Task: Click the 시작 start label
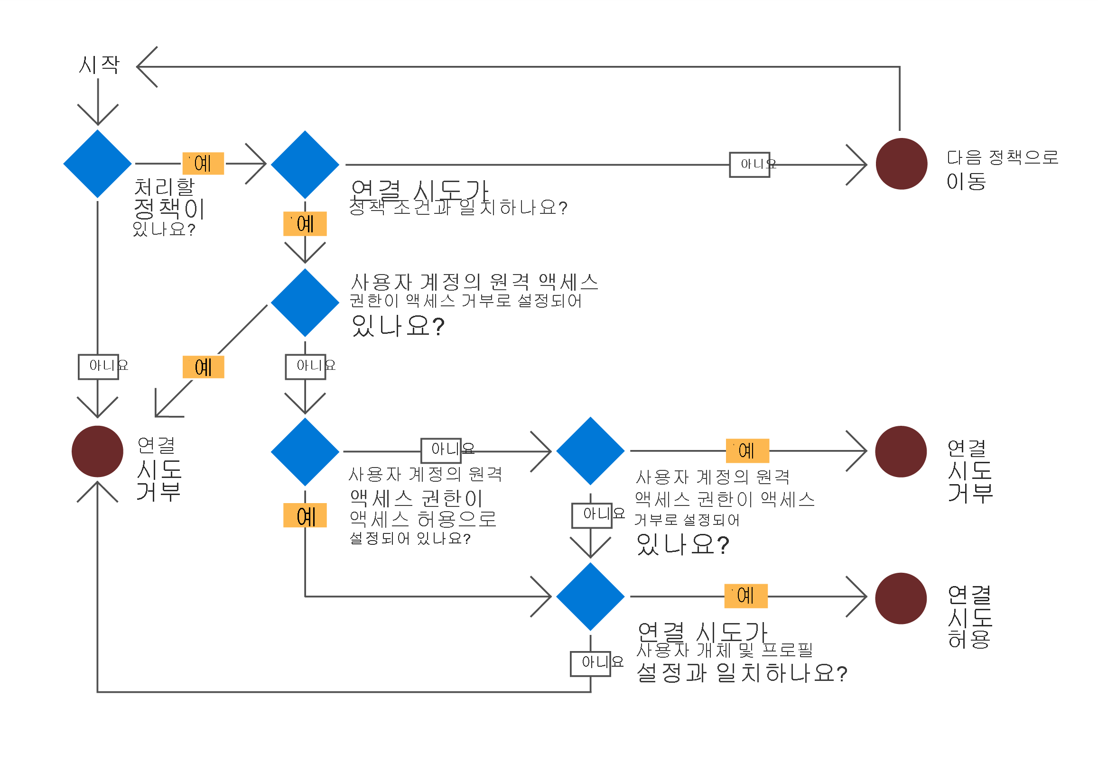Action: (99, 64)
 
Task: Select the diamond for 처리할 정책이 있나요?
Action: (98, 164)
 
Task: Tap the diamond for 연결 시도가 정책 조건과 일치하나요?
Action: (305, 165)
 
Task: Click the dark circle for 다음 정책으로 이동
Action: (902, 164)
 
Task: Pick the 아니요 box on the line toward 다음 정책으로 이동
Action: (749, 165)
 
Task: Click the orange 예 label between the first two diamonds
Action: (203, 164)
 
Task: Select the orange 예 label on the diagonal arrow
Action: (203, 367)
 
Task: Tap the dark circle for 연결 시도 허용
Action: (901, 598)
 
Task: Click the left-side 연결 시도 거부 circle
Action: (98, 451)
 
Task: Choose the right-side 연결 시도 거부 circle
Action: (901, 451)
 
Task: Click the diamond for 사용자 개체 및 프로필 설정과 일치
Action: (591, 597)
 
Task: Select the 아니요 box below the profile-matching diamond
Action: (591, 663)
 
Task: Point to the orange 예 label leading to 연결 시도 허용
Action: (746, 596)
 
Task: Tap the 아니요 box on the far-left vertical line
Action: (99, 367)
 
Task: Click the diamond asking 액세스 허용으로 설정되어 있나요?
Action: (305, 452)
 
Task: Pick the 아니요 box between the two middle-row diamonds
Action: (441, 450)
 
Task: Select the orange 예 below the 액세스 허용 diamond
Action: (305, 515)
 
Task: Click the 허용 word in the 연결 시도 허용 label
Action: (969, 639)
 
